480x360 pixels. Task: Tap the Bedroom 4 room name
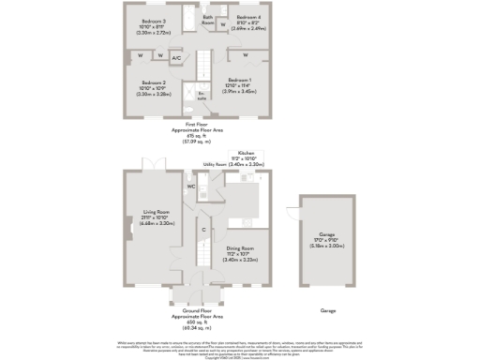(x=247, y=18)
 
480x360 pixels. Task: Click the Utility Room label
(x=216, y=163)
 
